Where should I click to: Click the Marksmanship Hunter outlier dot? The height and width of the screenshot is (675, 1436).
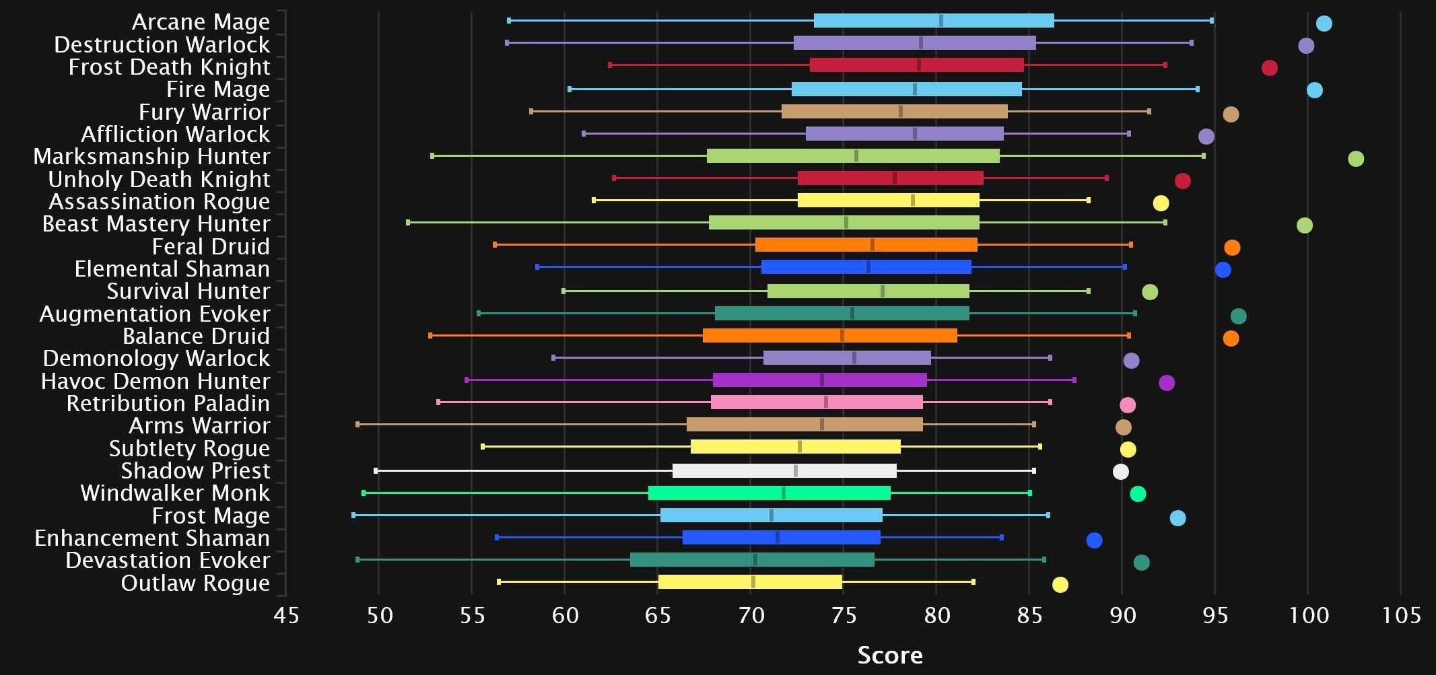click(1355, 159)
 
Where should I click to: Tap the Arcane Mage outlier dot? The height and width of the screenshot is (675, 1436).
click(1324, 24)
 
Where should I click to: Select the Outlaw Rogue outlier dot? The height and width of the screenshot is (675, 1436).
click(1060, 585)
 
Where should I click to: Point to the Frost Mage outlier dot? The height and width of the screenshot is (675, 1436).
click(1177, 518)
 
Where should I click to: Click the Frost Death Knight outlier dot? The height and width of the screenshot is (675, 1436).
click(1269, 68)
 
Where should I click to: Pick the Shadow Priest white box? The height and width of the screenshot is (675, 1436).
click(784, 471)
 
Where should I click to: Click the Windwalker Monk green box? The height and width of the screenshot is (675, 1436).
click(769, 493)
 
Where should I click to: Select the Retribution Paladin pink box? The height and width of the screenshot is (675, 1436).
click(817, 402)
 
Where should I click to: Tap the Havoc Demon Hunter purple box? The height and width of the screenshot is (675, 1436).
click(819, 380)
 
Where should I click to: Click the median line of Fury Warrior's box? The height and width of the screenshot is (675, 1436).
click(900, 112)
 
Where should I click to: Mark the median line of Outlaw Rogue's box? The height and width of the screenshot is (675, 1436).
click(753, 582)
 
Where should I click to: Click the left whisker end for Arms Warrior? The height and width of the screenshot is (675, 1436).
click(357, 425)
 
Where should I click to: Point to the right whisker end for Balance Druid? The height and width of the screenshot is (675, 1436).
click(1129, 336)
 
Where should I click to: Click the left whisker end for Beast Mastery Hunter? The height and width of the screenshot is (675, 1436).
click(408, 222)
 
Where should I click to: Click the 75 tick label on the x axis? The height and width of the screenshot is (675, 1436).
click(844, 616)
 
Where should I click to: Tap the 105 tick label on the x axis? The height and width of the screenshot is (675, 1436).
click(1400, 616)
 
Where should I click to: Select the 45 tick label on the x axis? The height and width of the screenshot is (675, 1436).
click(286, 616)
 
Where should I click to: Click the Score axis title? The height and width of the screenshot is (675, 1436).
click(889, 655)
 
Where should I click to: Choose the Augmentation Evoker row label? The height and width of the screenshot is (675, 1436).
click(155, 314)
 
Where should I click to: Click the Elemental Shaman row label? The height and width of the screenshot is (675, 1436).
click(172, 269)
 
